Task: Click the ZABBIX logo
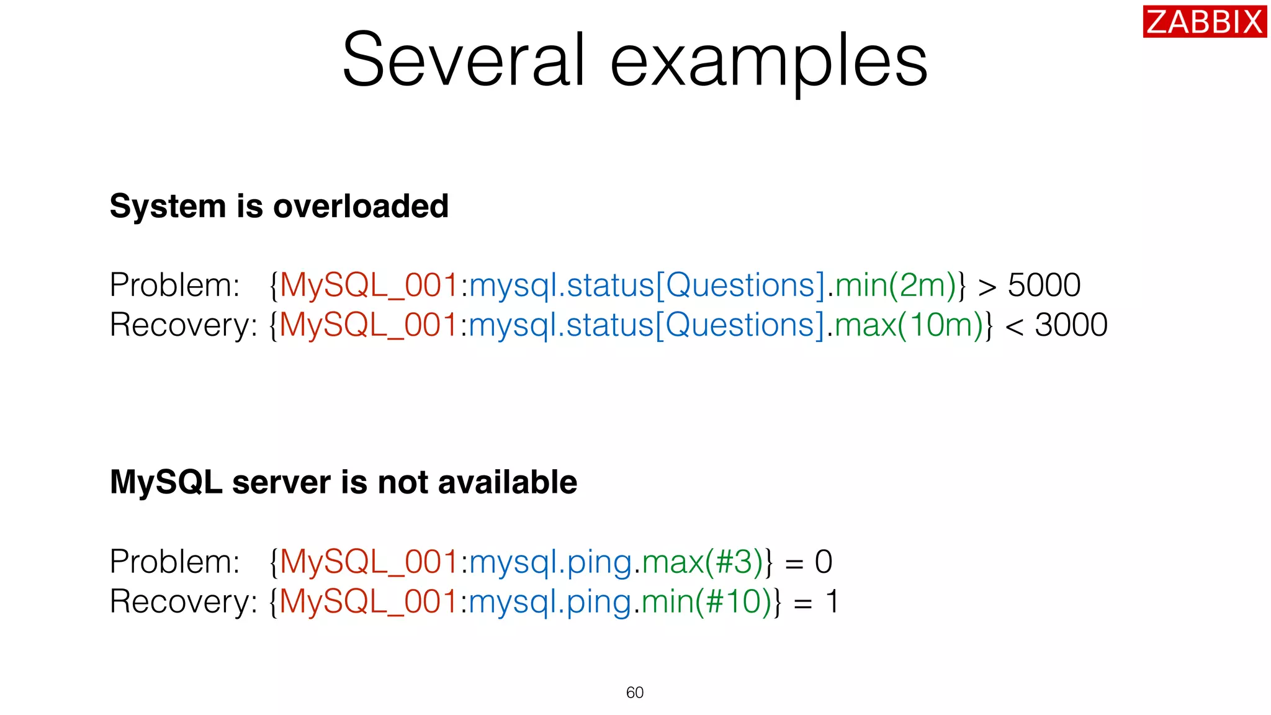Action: point(1204,22)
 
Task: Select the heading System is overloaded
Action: point(279,206)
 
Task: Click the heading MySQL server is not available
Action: point(343,482)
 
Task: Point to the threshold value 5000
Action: point(1044,286)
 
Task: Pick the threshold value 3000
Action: point(1071,325)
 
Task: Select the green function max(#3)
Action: point(702,562)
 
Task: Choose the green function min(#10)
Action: point(706,601)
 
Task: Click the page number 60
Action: point(635,693)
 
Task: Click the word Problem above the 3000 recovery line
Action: point(174,286)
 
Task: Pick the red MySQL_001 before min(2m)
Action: point(369,286)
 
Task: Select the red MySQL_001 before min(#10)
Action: point(369,601)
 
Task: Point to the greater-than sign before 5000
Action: point(987,287)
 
